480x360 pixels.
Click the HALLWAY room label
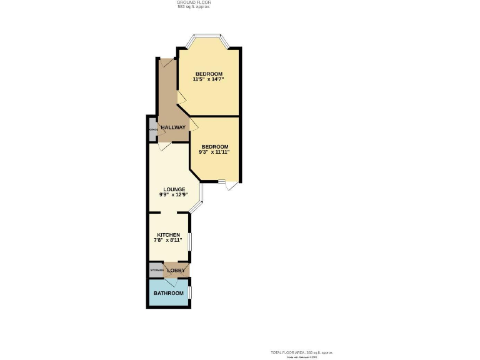tap(173, 127)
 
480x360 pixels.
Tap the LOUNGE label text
tap(174, 189)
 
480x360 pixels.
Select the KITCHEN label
tap(168, 235)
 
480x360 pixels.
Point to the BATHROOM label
tap(169, 293)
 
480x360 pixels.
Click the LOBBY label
tap(176, 271)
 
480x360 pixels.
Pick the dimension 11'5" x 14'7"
tap(208, 80)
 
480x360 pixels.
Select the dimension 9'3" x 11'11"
tap(214, 152)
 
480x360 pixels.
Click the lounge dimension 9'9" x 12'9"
tap(174, 194)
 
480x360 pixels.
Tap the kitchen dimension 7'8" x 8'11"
tap(168, 240)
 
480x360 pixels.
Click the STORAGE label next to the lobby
tap(156, 271)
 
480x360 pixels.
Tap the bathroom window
tap(191, 292)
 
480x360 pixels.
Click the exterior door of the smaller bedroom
tap(231, 185)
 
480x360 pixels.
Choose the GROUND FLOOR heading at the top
tap(194, 2)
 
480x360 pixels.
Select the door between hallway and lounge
tap(164, 146)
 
